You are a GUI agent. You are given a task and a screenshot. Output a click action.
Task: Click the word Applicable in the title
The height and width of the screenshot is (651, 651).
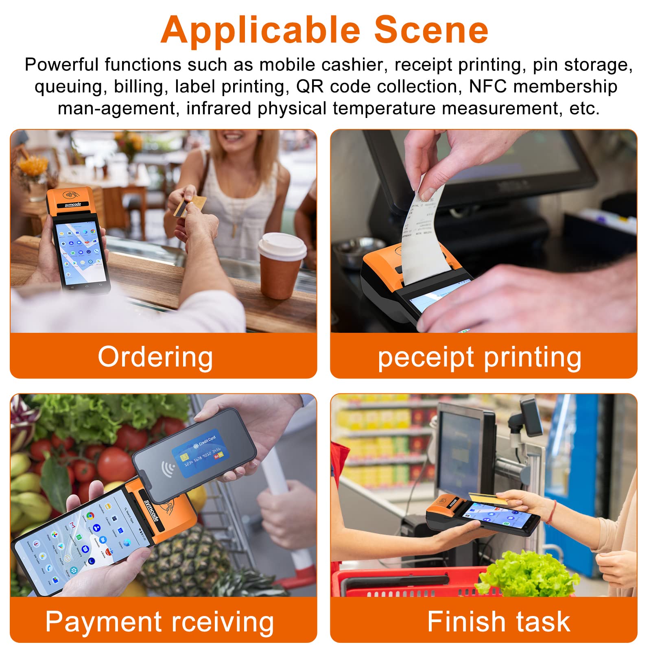click(260, 31)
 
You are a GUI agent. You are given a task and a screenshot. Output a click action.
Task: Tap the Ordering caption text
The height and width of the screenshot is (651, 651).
click(155, 357)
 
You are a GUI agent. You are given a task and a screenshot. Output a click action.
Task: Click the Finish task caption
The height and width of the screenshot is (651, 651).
click(498, 621)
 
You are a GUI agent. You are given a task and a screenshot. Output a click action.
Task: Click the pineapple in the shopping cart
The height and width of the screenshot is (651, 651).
click(191, 557)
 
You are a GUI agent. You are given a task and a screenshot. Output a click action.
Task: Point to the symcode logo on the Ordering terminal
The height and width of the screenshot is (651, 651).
click(73, 204)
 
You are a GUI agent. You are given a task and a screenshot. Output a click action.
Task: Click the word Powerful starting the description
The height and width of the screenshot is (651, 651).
click(61, 65)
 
